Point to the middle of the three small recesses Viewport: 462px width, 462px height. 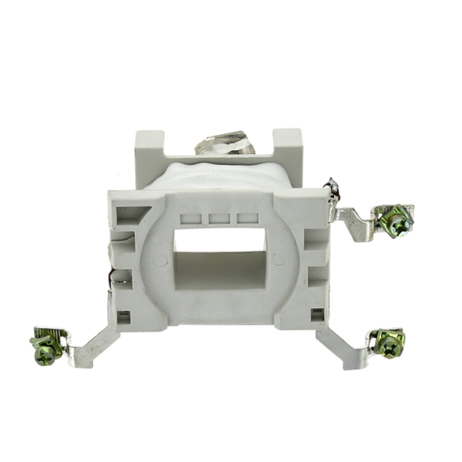coord(217,218)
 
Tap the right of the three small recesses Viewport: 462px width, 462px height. coord(246,218)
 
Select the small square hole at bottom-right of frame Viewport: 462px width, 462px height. coord(316,314)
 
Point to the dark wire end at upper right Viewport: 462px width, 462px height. coord(333,189)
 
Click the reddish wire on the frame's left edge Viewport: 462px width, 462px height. coord(114,275)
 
